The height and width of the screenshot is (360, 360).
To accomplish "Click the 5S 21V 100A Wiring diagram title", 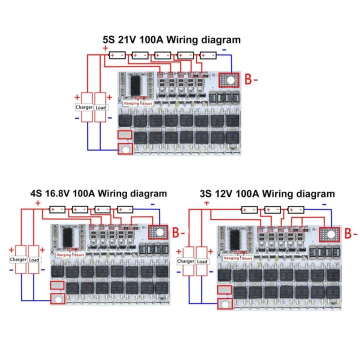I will click(171, 39).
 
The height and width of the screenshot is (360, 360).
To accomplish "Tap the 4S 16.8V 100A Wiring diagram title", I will click(98, 193).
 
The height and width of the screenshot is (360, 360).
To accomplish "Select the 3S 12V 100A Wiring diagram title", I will click(267, 193).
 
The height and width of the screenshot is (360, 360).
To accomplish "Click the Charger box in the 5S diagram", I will click(84, 107).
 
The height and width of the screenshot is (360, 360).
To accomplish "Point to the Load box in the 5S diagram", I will click(100, 107).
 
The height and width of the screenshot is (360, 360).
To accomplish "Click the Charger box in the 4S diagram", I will click(17, 259).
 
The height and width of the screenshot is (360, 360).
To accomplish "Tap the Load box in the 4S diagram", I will click(34, 259).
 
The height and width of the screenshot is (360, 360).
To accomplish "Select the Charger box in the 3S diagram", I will click(185, 261).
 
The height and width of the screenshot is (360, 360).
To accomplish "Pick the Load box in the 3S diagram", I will click(202, 261).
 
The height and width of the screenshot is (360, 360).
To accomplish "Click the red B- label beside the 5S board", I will click(251, 79).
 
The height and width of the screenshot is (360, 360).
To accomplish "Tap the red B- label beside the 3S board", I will click(351, 233).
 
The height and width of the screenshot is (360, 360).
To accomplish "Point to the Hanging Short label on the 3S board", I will click(238, 258).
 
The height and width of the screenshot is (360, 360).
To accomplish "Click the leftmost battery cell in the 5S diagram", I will click(117, 55).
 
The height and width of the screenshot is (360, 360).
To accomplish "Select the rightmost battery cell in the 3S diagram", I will click(295, 209).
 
